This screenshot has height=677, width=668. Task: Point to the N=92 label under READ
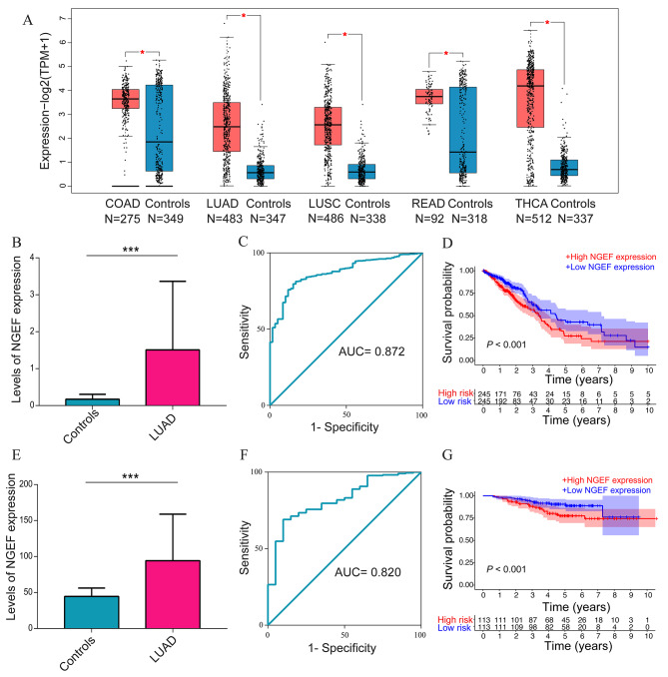[428, 219]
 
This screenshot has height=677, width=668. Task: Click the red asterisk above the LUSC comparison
[344, 35]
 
